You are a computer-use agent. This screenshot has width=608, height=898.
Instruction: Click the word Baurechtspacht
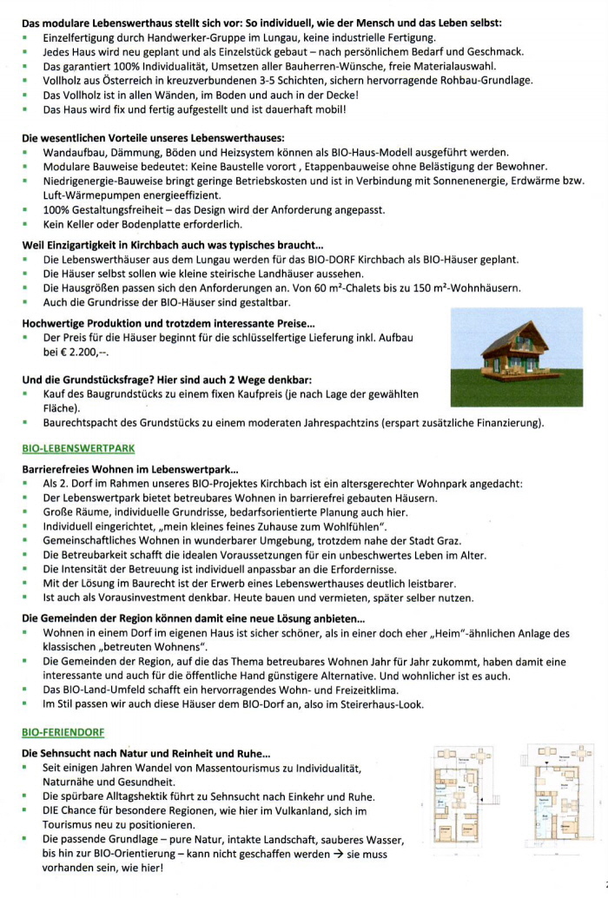point(80,423)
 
